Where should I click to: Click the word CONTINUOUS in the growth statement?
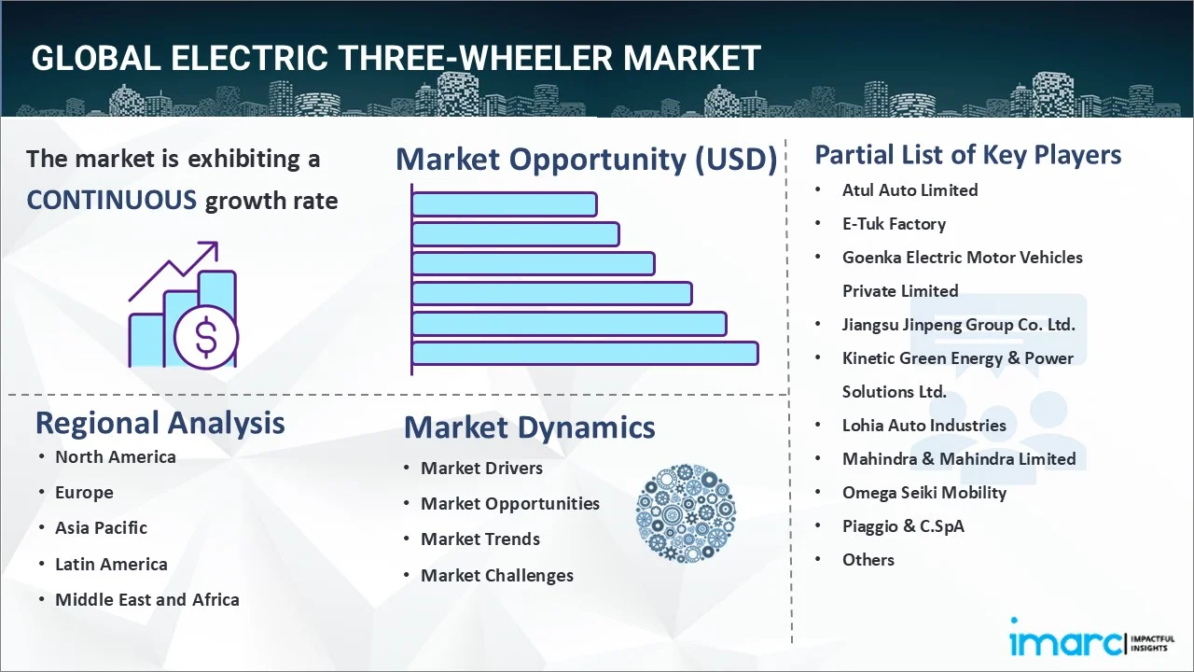[111, 200]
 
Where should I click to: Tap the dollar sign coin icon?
[206, 337]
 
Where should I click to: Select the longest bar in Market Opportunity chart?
[585, 353]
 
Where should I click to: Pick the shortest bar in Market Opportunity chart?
[504, 203]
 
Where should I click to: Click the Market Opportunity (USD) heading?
[586, 159]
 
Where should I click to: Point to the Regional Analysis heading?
[160, 422]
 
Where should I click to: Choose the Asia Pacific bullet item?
[101, 527]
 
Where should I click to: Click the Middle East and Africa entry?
[146, 599]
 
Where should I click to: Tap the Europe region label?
[84, 492]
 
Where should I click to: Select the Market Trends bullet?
[479, 539]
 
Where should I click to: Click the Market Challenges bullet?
[496, 575]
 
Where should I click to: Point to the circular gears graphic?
[686, 513]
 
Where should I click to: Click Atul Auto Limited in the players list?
[909, 189]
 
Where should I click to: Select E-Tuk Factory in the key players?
[894, 223]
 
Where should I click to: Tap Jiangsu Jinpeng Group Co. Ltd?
[958, 324]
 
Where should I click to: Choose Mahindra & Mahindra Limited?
[958, 458]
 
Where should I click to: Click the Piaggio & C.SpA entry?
[903, 525]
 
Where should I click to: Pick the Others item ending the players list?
[868, 559]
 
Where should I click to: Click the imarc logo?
[1063, 641]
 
